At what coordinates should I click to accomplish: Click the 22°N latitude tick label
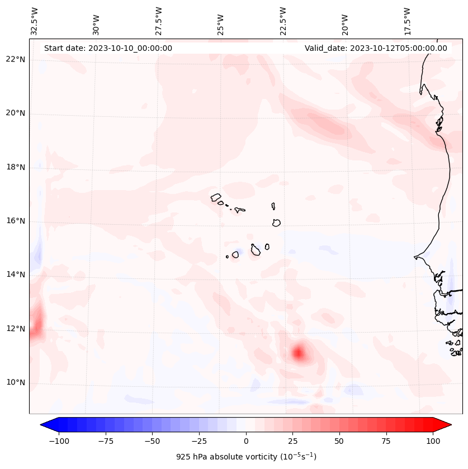point(16,60)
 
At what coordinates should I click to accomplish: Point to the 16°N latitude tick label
point(16,221)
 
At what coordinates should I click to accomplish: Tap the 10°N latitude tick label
point(16,382)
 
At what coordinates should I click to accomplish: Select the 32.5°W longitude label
point(35,21)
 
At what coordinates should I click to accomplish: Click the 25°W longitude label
point(221,21)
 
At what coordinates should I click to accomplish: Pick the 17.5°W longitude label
point(407,21)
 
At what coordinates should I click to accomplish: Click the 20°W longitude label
point(345,21)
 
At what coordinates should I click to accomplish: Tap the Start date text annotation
point(108,48)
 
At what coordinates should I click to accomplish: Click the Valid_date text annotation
point(376,48)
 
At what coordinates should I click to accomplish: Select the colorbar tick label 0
point(246,441)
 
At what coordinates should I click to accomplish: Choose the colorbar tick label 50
point(339,441)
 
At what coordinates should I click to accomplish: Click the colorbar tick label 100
point(433,441)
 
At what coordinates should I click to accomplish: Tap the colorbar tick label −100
point(59,441)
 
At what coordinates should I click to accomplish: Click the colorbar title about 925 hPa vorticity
point(246,457)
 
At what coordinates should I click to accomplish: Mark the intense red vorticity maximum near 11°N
point(298,353)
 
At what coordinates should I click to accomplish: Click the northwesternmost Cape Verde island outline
point(216,197)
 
